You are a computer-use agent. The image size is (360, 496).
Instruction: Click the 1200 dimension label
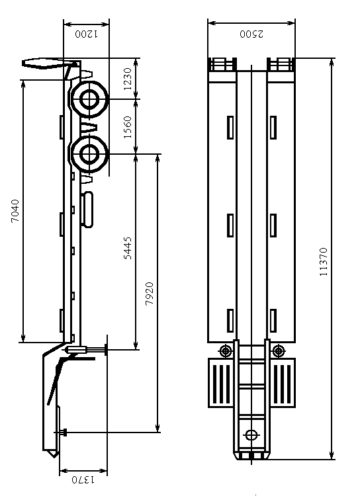87,34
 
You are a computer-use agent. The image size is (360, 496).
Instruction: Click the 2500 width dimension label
251,34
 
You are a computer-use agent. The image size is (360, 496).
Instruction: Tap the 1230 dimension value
127,79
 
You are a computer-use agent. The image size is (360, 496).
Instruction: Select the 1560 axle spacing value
127,127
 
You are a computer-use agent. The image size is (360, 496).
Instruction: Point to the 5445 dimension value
127,248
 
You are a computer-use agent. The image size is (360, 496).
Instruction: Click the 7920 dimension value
150,294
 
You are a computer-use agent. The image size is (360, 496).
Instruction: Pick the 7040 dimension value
15,211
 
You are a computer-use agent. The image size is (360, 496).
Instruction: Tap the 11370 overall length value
323,262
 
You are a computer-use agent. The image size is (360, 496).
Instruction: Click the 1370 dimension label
83,480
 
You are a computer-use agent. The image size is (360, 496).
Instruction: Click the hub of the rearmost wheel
89,99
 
